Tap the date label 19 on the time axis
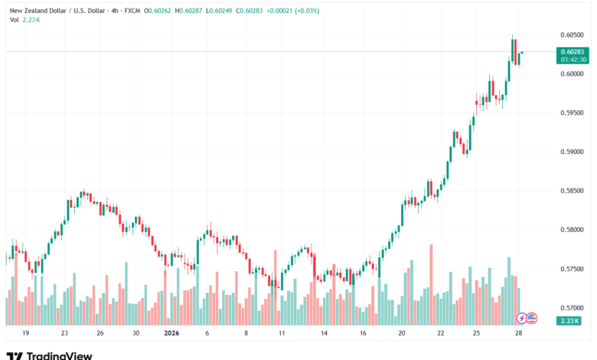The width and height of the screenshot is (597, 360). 26,334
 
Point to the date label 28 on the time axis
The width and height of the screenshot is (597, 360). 520,334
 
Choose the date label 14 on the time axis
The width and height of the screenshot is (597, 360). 325,334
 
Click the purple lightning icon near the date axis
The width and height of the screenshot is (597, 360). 522,317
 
